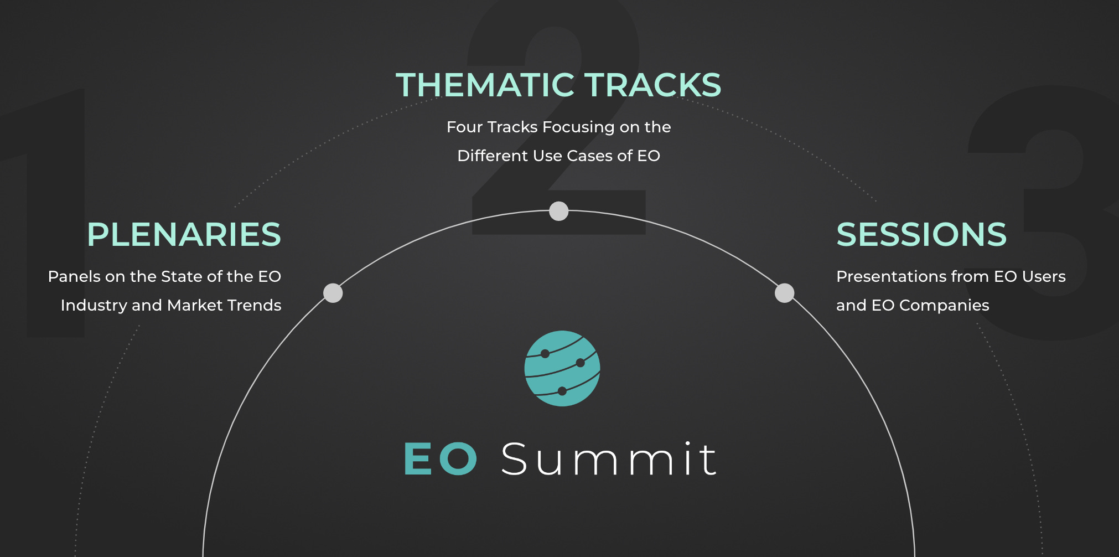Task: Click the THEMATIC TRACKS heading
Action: point(558,85)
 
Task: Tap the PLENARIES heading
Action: point(184,234)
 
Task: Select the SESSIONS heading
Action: point(921,234)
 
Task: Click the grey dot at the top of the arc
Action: point(559,211)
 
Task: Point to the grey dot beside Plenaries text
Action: point(333,293)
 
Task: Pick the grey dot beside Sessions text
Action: point(784,293)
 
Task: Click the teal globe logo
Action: point(562,369)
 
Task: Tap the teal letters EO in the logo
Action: point(441,459)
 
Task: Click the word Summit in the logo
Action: point(609,459)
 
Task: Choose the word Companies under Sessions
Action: point(944,306)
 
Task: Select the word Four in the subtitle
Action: point(464,127)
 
